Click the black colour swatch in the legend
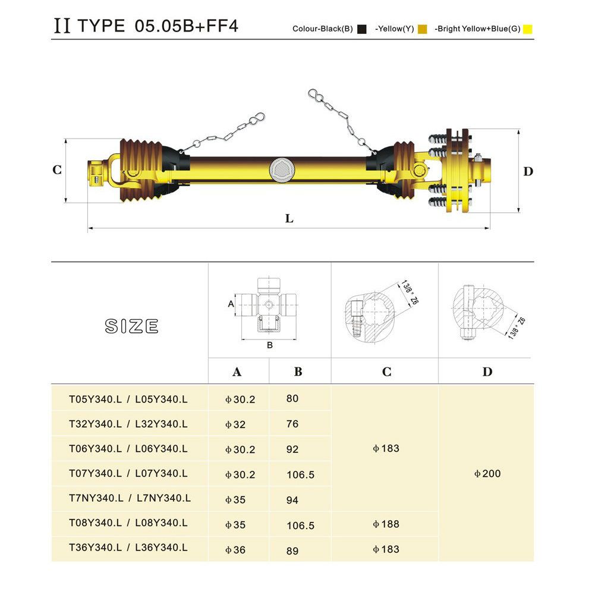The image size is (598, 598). pyautogui.click(x=361, y=29)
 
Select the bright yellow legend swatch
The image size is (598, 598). pyautogui.click(x=527, y=29)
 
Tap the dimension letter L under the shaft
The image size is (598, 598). pyautogui.click(x=289, y=219)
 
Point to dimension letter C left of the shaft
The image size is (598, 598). pyautogui.click(x=57, y=170)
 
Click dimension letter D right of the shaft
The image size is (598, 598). pyautogui.click(x=528, y=172)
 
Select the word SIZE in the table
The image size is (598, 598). pyautogui.click(x=132, y=326)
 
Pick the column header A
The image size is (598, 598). pyautogui.click(x=237, y=372)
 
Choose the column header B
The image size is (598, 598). pyautogui.click(x=298, y=372)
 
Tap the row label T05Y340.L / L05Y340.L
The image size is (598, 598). pyautogui.click(x=128, y=399)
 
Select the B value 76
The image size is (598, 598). pyautogui.click(x=292, y=424)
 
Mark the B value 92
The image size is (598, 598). pyautogui.click(x=292, y=450)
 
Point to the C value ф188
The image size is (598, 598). pyautogui.click(x=386, y=524)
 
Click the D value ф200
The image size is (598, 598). pyautogui.click(x=487, y=474)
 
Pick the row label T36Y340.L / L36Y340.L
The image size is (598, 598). pyautogui.click(x=128, y=548)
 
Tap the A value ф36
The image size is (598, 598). pyautogui.click(x=235, y=550)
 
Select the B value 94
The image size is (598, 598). pyautogui.click(x=292, y=501)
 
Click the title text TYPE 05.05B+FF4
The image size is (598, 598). pyautogui.click(x=158, y=26)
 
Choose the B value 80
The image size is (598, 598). pyautogui.click(x=292, y=399)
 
